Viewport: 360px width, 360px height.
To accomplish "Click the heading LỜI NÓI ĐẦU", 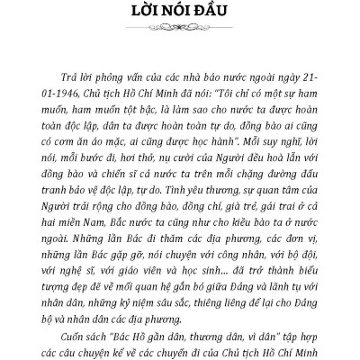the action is pyautogui.click(x=179, y=15).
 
